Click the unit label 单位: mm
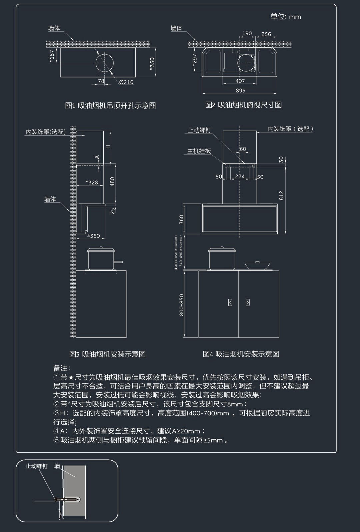pos(285,17)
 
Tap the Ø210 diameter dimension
pos(126,82)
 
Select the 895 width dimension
pos(240,90)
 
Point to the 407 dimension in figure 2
pos(240,81)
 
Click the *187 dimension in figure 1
pos(52,56)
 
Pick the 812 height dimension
pos(281,196)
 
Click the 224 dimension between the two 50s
pos(240,177)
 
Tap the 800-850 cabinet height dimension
pos(182,305)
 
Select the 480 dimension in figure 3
pos(112,182)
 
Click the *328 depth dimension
pos(92,182)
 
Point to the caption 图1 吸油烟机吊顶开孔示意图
pos(110,106)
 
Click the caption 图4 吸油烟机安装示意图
pos(241,354)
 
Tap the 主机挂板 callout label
pos(199,151)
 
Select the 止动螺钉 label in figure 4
pos(199,130)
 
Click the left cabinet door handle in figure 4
pos(230,302)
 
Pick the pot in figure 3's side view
pos(101,258)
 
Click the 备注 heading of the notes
pos(62,368)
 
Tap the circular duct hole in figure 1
pos(105,63)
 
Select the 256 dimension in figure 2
pos(266,34)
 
